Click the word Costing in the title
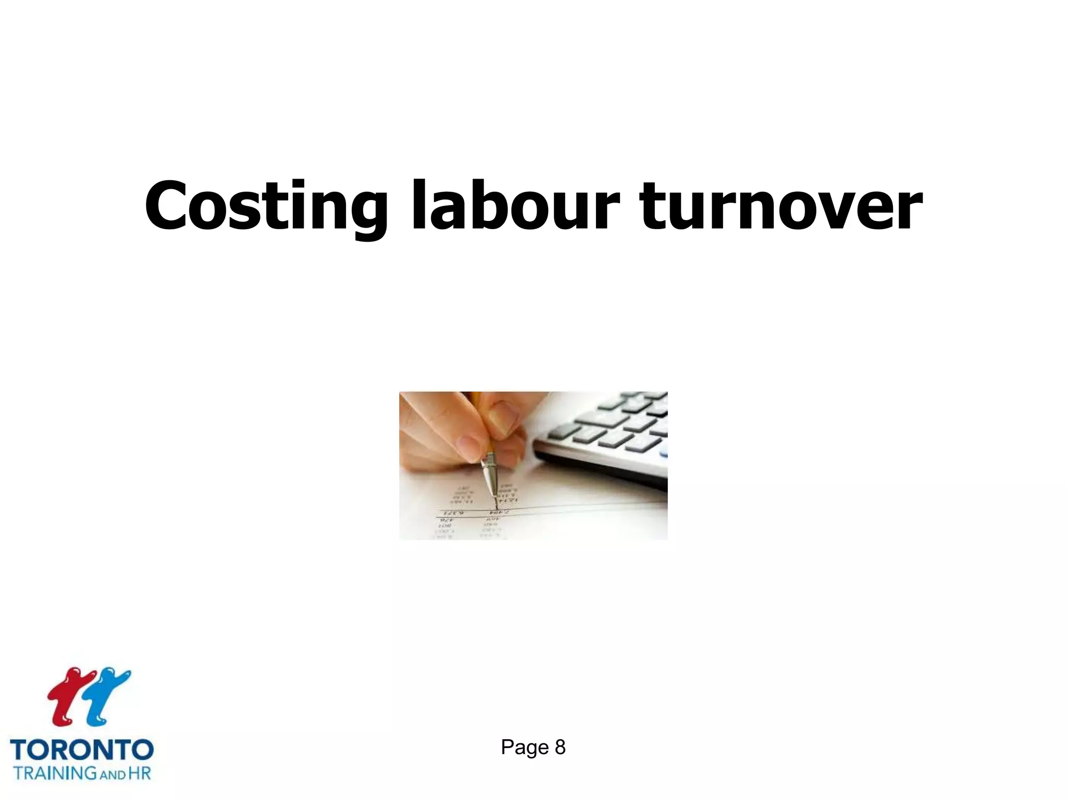click(266, 206)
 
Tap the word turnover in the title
click(781, 206)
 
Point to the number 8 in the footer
click(560, 747)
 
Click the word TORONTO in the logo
click(82, 749)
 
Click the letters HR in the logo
click(140, 772)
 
